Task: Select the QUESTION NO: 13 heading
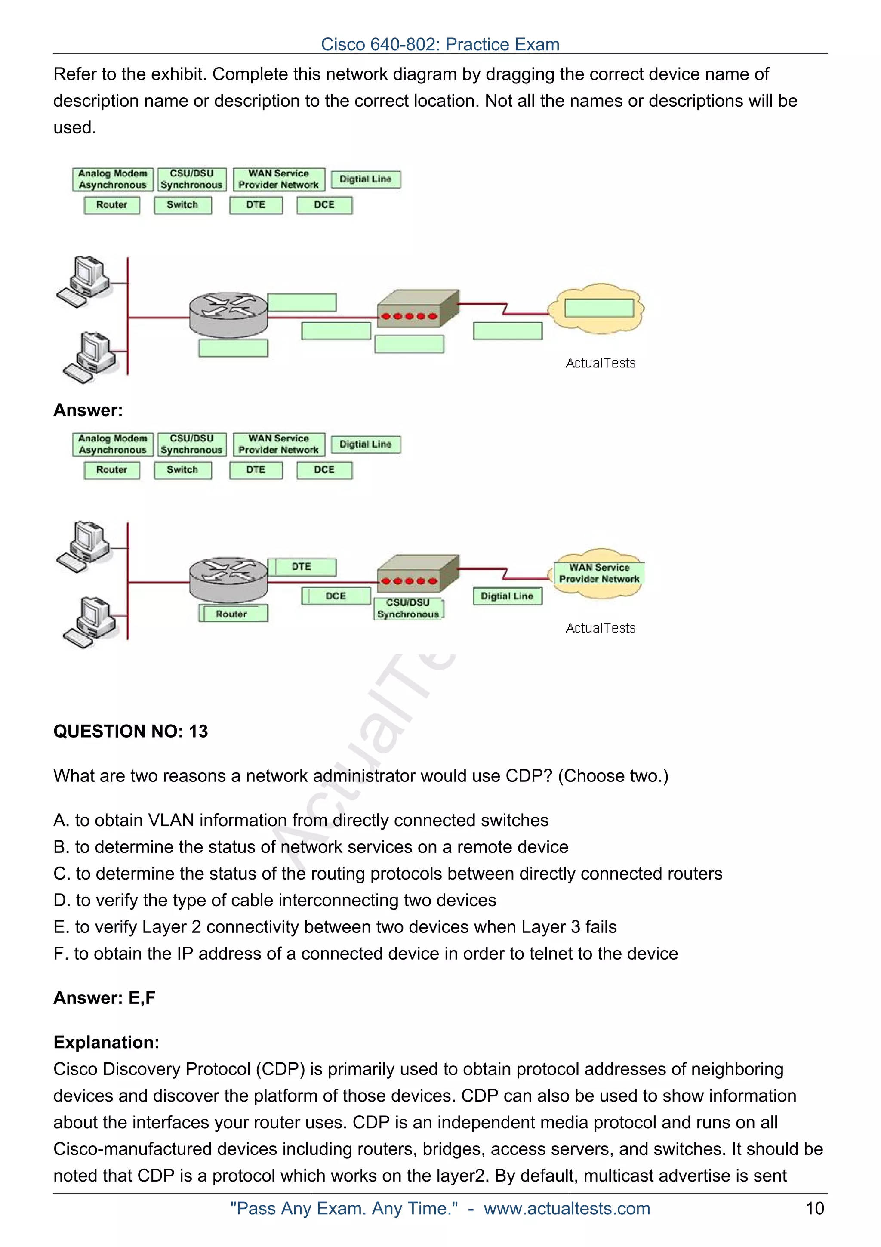click(x=130, y=731)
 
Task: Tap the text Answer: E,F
click(x=104, y=998)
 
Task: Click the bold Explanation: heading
click(x=106, y=1042)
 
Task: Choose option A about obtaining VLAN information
click(x=301, y=820)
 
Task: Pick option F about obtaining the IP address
click(x=365, y=953)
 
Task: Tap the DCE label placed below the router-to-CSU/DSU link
click(x=336, y=596)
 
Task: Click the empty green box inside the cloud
click(x=599, y=308)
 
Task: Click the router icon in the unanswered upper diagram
click(x=228, y=315)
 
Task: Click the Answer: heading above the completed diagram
click(x=88, y=410)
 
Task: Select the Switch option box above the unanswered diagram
click(x=182, y=205)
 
